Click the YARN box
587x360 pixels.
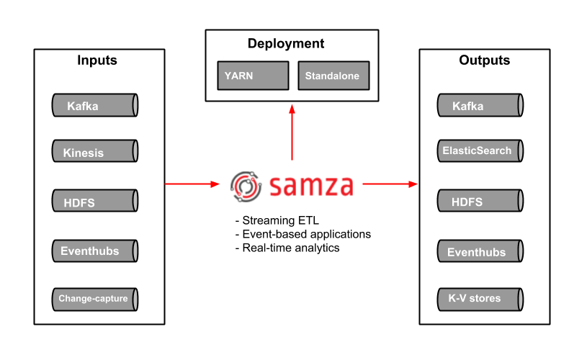[x=253, y=76]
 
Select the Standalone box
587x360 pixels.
[x=333, y=76]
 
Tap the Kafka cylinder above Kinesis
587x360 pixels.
[x=94, y=106]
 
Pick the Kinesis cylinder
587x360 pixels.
[x=94, y=152]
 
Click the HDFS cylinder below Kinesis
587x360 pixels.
[x=94, y=201]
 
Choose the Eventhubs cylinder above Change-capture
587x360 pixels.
[x=94, y=251]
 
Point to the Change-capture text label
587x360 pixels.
[x=93, y=298]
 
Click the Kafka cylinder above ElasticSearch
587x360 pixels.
[x=480, y=106]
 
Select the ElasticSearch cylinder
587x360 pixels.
[x=480, y=151]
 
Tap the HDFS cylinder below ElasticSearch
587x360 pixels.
[x=480, y=201]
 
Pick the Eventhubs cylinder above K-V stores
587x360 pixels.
[x=480, y=251]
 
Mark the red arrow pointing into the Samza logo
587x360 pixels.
[x=192, y=184]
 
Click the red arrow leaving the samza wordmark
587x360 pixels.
[x=390, y=184]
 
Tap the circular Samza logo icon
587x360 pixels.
[x=245, y=186]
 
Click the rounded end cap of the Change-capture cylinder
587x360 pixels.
[x=135, y=300]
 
